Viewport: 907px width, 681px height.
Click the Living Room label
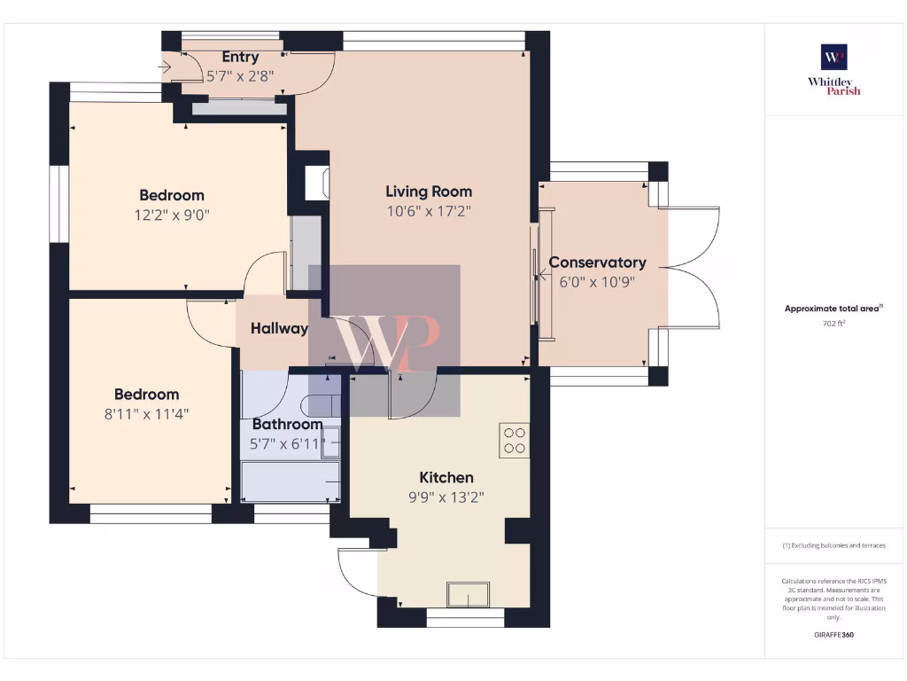(429, 192)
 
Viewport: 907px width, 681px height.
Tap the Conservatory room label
(597, 262)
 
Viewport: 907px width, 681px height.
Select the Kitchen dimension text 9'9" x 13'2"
(446, 497)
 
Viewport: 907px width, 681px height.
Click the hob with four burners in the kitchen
(514, 441)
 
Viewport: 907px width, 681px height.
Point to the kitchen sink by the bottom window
(469, 594)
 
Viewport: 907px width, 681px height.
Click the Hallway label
(279, 328)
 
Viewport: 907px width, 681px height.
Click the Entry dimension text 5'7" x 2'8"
(240, 76)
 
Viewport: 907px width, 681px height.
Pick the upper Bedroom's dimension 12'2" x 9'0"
(172, 215)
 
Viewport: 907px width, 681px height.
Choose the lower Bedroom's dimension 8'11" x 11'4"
(147, 413)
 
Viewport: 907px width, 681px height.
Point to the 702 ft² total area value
(833, 325)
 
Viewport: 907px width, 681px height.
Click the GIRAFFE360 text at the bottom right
(833, 635)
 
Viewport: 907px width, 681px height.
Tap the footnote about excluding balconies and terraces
(833, 545)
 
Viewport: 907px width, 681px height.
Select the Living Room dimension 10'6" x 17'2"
(429, 211)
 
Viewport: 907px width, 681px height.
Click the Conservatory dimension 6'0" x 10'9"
(597, 281)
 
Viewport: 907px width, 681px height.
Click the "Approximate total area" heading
(832, 309)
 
